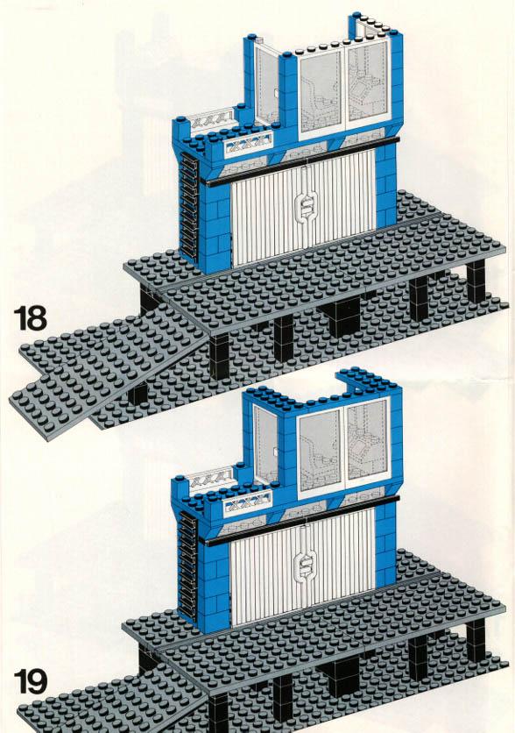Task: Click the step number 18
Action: [31, 318]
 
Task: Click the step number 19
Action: [31, 681]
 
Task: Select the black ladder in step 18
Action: [188, 206]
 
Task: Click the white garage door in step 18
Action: [304, 210]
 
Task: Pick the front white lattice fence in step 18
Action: [249, 144]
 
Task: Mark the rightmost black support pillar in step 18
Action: [476, 281]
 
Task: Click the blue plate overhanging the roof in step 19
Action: [369, 378]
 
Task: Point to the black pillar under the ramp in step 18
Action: [138, 394]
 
